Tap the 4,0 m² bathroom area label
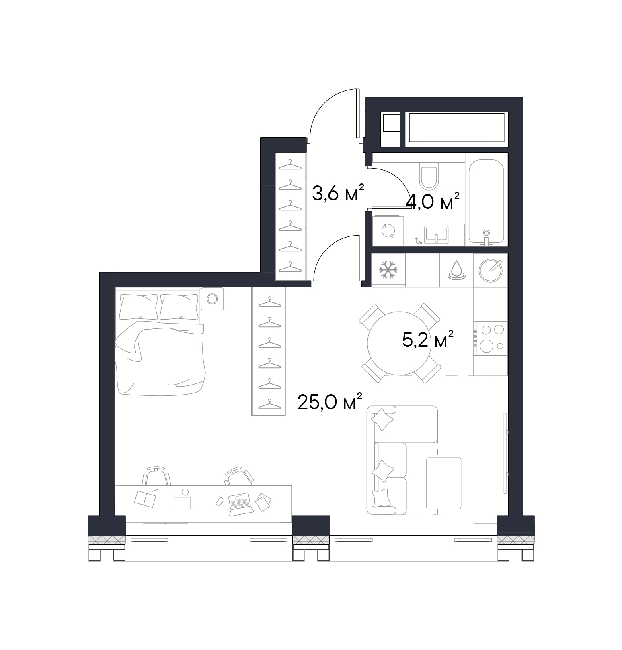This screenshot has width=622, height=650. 433,202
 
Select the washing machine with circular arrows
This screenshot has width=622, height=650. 388,230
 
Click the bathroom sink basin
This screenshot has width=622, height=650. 436,234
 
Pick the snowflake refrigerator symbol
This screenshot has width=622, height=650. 388,270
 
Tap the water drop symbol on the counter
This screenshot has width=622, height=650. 456,270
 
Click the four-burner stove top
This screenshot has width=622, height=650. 491,338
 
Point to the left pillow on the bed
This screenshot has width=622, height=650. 138,306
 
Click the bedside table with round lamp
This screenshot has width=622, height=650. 212,299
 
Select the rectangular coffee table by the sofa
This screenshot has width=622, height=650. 443,483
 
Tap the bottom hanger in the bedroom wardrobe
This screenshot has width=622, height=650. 269,404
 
